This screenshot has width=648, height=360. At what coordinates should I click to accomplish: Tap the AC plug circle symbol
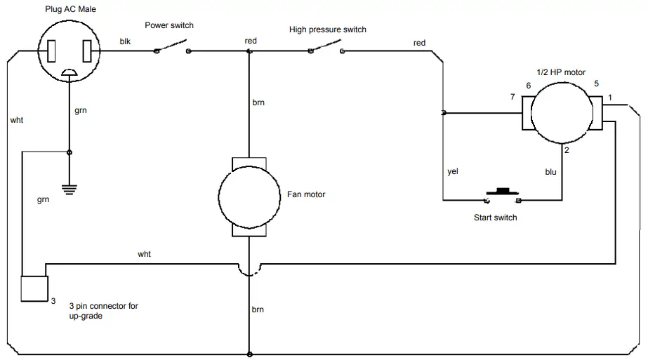68,51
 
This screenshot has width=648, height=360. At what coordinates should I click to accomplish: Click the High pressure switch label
328,29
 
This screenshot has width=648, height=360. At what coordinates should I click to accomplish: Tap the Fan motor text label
306,194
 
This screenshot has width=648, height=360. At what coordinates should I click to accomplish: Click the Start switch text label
495,218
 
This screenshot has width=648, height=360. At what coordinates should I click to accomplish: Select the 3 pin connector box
33,288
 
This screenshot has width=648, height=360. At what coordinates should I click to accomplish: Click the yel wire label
453,171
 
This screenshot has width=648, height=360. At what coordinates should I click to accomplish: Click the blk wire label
125,41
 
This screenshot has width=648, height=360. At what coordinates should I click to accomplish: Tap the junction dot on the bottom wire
249,354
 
